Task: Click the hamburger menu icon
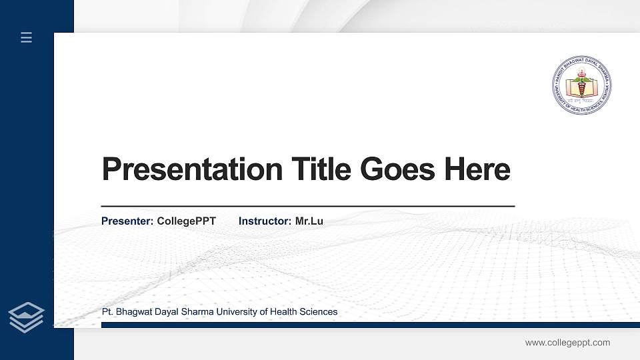point(26,37)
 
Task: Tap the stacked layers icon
point(27,317)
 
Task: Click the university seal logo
point(581,85)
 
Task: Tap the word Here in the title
point(477,169)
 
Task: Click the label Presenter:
point(127,221)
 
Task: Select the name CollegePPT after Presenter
point(186,221)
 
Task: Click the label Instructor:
point(265,221)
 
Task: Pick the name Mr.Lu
point(309,221)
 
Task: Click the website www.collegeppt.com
point(567,343)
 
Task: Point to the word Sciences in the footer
point(319,312)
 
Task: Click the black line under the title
point(307,207)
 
